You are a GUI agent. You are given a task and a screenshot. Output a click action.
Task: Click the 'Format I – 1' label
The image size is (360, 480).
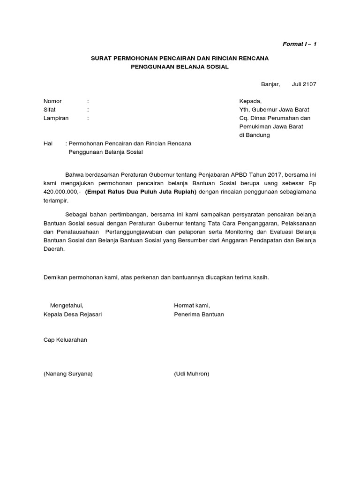pos(299,44)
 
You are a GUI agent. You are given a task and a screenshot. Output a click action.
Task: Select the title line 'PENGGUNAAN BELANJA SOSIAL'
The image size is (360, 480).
pos(180,67)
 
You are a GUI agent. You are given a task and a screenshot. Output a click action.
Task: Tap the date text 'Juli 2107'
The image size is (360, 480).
pos(304,84)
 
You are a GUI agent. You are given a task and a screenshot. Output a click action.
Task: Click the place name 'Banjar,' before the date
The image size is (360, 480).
pos(270,84)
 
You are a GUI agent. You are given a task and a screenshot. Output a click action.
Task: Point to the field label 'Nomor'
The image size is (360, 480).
pos(52,101)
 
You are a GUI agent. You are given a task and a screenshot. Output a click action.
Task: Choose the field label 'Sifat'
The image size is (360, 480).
pos(49,110)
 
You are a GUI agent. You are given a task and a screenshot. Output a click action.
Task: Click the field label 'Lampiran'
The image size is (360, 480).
pos(56,118)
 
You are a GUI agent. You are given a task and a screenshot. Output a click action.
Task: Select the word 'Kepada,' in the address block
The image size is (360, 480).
pos(251,101)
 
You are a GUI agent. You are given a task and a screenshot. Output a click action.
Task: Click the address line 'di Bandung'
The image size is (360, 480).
pos(255,135)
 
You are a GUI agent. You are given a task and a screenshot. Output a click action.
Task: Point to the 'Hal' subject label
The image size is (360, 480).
pos(48,143)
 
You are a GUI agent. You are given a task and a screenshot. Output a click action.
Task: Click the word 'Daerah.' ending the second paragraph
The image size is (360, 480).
pos(54,249)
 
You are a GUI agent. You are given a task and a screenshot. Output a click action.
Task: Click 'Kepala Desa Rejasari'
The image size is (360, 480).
pos(72,314)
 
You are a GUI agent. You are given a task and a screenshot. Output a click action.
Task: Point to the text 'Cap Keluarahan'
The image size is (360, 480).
pos(65,340)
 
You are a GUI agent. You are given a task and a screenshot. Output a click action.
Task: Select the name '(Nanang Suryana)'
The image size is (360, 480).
pos(68,374)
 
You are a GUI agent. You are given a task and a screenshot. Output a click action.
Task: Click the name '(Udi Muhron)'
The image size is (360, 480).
pos(191,374)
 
